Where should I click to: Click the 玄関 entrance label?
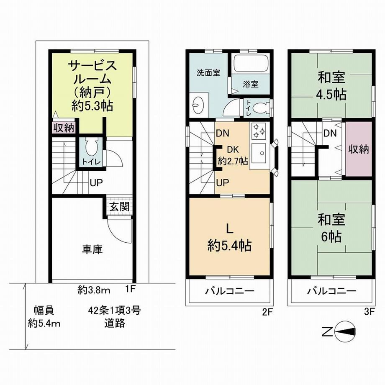coord(119,207)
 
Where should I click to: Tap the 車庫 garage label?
coord(92,249)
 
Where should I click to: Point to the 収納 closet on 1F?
coord(64,128)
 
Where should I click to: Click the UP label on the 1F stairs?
coord(96,183)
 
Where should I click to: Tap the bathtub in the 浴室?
coord(251,63)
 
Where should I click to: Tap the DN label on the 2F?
coord(223,133)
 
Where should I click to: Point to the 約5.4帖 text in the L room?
coord(229,245)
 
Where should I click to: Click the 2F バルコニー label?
coord(230,291)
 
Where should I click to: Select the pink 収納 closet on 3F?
coord(359,149)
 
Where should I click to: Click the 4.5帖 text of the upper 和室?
coord(331,94)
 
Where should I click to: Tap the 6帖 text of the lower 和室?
coord(331,236)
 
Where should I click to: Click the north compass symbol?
coord(345,332)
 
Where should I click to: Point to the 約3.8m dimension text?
coord(94,291)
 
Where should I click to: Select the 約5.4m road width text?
coord(44,323)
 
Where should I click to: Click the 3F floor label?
coord(369,312)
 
